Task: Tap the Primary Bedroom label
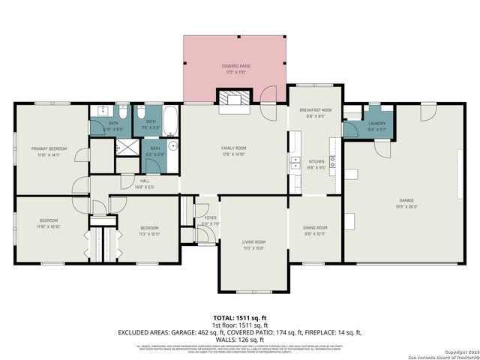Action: coord(49,149)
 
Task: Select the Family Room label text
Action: coord(234,148)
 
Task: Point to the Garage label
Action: coord(406,200)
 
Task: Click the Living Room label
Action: coord(253,241)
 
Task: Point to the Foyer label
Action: coord(200,218)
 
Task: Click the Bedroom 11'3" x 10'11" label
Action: coord(149,227)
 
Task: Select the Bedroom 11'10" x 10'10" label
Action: coord(49,220)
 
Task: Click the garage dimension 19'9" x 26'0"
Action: coord(406,205)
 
